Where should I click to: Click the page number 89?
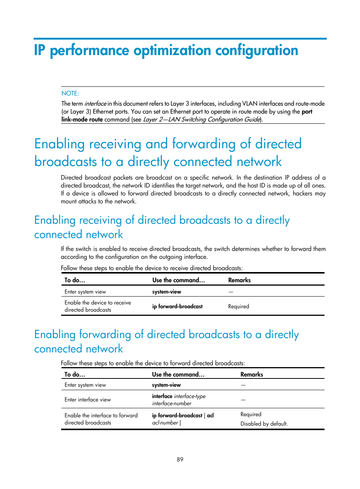tap(180, 459)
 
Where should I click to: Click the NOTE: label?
tap(70, 93)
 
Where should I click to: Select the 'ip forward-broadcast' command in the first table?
tap(177, 306)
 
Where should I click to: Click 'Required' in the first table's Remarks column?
tap(238, 306)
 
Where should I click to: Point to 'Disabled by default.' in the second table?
tap(264, 424)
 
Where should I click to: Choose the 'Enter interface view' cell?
tap(88, 400)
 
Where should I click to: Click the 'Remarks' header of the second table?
tap(252, 374)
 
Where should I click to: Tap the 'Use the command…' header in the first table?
tap(178, 280)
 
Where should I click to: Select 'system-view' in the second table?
tap(166, 385)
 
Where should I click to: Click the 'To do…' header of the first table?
tap(75, 280)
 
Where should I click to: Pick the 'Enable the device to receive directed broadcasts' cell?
tap(98, 306)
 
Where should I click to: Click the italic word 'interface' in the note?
tap(95, 103)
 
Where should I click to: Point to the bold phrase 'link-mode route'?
tap(82, 119)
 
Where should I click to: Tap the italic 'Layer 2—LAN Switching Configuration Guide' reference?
tap(202, 119)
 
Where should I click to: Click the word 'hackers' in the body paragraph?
tap(302, 193)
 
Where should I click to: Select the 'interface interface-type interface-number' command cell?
tap(178, 400)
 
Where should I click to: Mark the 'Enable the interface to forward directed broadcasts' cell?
tap(101, 419)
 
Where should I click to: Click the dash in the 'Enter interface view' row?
tap(243, 400)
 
